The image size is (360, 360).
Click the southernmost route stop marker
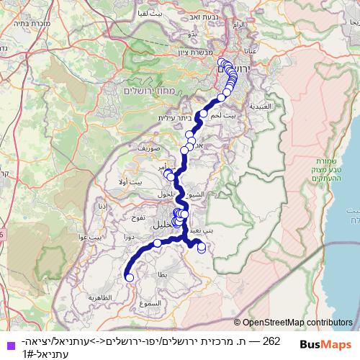coord(130,277)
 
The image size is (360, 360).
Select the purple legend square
coord(10,346)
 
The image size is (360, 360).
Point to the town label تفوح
coord(138,217)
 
